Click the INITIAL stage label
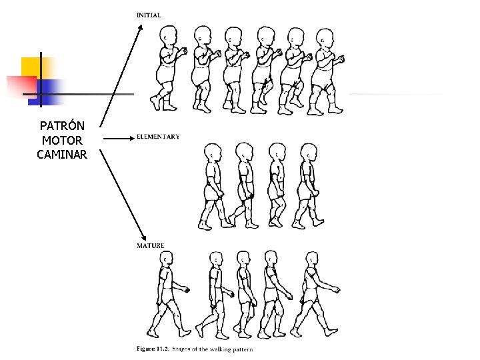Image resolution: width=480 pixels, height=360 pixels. pyautogui.click(x=148, y=15)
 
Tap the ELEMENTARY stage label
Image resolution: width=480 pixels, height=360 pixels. pyautogui.click(x=158, y=137)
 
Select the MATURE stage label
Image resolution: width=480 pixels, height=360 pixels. pyautogui.click(x=151, y=246)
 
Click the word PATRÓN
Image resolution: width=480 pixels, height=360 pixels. pyautogui.click(x=61, y=126)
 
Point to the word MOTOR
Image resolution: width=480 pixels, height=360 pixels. pyautogui.click(x=62, y=141)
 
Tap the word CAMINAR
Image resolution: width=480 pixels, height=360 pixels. pyautogui.click(x=62, y=155)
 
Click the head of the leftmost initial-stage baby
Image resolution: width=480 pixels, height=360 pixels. pyautogui.click(x=169, y=35)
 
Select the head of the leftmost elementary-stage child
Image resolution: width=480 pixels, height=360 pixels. pyautogui.click(x=212, y=152)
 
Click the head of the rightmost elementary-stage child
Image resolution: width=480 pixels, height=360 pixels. pyautogui.click(x=308, y=153)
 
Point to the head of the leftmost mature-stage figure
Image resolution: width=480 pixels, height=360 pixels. pyautogui.click(x=165, y=259)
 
